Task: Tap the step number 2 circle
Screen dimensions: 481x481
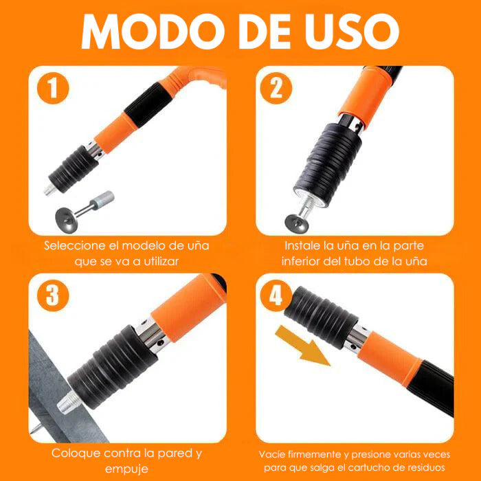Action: (x=276, y=89)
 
